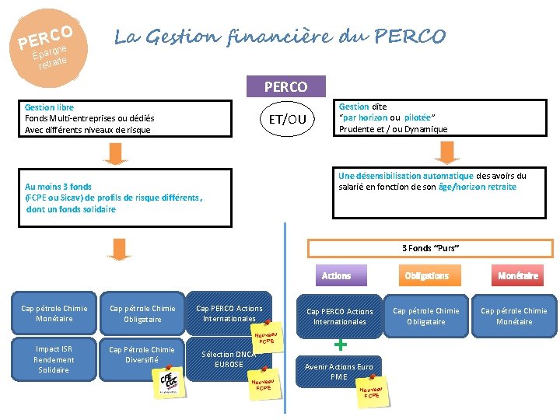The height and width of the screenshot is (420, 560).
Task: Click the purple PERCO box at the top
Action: pos(285,86)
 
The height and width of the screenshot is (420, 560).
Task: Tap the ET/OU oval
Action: pos(287,119)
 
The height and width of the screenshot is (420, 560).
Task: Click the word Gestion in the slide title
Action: pos(179,37)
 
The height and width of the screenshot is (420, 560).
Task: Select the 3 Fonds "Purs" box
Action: pos(430,248)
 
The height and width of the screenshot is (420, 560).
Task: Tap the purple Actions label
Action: pos(336,275)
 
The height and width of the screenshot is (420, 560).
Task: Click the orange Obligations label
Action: pos(426,275)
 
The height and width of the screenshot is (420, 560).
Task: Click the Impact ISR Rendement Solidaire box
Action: pos(54,359)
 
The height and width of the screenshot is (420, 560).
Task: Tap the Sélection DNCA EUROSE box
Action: pos(229,359)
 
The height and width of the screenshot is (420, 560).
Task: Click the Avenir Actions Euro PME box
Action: pos(338,372)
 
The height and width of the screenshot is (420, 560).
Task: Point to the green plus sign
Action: pos(339,343)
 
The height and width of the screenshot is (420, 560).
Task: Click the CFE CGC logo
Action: pos(170,383)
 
